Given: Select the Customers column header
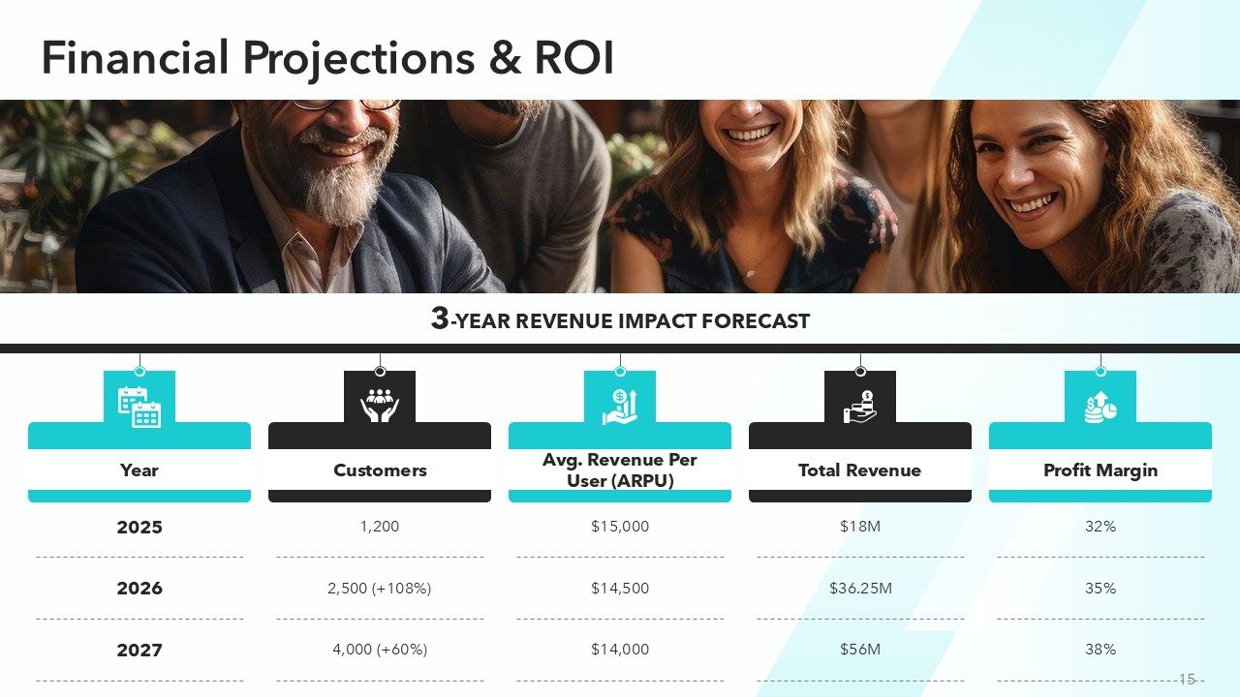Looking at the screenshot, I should point(380,470).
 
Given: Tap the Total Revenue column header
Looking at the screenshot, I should point(859,470).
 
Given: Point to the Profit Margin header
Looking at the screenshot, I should point(1100,470).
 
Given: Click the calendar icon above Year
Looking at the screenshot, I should point(139,407).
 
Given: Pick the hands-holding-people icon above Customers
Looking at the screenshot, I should point(380,406).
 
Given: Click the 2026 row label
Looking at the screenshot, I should point(139,589).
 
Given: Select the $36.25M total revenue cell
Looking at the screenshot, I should point(860,589).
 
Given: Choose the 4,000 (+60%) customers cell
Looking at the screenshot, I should point(380,650).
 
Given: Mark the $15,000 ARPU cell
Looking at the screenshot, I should point(620,527).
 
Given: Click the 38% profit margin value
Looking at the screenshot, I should point(1100,650).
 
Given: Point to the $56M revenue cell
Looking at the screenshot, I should point(860,650).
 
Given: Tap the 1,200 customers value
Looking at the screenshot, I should point(380,527).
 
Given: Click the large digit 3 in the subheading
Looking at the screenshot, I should point(440,319).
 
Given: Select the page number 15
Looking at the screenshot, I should point(1187,680).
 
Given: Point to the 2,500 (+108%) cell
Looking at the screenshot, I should point(380,589).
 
